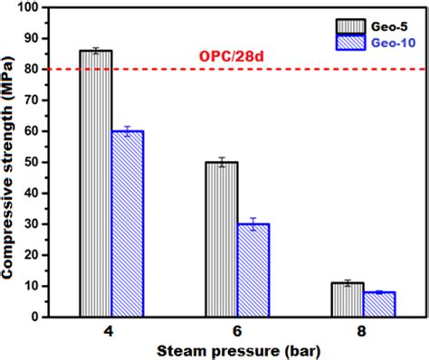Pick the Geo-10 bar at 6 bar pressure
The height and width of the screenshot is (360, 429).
click(x=253, y=270)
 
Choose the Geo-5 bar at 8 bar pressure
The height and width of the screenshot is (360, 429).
click(x=347, y=300)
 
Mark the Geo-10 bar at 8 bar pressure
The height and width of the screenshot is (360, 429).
click(x=379, y=305)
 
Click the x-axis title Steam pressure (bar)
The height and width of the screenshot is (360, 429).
click(x=237, y=349)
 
